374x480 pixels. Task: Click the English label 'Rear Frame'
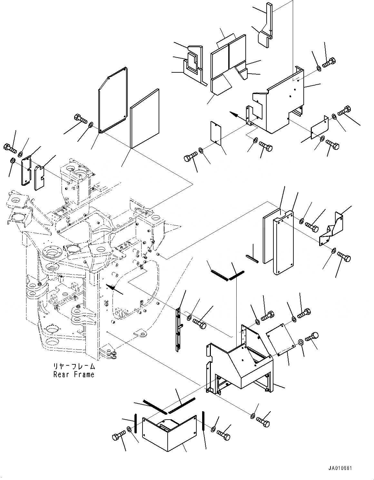point(74,375)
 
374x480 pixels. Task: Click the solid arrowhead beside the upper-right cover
point(234,114)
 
